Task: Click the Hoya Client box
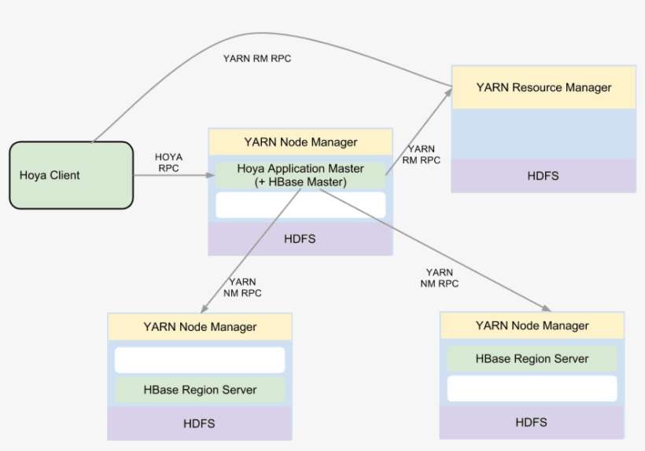(x=71, y=174)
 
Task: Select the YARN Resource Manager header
(x=544, y=87)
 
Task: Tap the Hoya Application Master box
(x=300, y=174)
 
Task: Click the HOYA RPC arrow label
(x=169, y=163)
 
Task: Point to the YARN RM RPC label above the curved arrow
(x=258, y=58)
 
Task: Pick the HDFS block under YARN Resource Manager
(x=544, y=175)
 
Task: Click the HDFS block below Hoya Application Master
(x=300, y=238)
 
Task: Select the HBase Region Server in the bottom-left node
(x=200, y=389)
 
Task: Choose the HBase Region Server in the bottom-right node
(x=532, y=358)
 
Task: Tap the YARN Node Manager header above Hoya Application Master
(x=300, y=142)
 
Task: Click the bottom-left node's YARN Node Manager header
(x=200, y=327)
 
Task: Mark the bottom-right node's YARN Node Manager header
(x=532, y=325)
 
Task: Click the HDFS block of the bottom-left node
(x=200, y=423)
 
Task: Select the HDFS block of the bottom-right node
(x=532, y=422)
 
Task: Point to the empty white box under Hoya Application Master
(x=300, y=205)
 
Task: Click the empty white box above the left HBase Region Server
(x=200, y=360)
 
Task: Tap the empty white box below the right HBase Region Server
(x=532, y=388)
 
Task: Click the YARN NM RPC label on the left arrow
(x=241, y=287)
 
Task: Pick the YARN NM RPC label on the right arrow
(x=439, y=277)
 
